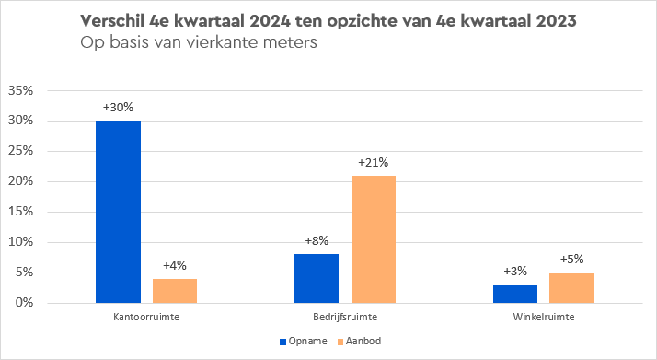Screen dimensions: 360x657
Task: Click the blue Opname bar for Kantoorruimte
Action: point(118,212)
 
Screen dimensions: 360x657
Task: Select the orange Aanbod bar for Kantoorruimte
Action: point(175,291)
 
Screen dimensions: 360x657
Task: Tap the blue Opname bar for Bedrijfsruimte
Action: point(317,278)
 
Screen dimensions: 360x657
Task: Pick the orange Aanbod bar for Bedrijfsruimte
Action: point(373,239)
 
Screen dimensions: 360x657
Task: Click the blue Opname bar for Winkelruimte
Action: point(515,294)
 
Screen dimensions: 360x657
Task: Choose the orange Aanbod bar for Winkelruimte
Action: point(571,287)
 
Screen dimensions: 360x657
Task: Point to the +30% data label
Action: point(118,108)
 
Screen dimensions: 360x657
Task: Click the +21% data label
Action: point(373,163)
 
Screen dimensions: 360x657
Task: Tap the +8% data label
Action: point(317,241)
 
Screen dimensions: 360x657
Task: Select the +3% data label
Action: point(515,272)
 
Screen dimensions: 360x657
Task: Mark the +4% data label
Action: point(175,266)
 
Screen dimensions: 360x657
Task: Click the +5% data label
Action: point(571,260)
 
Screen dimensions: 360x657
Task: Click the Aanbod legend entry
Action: point(360,341)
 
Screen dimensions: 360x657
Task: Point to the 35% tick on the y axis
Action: point(20,91)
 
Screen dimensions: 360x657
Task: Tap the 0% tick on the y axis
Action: point(24,303)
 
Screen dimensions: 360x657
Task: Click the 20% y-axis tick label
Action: point(20,181)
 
